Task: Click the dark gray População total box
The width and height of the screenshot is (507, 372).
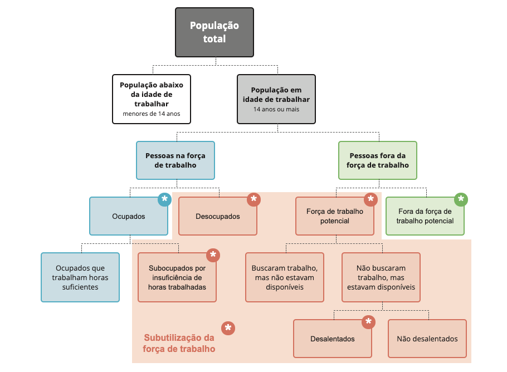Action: point(214,32)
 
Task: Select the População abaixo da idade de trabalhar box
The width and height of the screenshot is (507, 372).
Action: point(152,99)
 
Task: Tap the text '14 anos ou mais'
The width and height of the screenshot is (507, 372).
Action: point(276,109)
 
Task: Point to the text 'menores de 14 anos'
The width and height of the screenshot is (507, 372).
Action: point(152,114)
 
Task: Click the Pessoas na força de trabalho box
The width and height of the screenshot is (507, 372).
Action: point(175,160)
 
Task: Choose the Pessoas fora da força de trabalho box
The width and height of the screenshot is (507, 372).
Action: point(378,160)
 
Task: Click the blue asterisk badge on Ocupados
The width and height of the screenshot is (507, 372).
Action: point(164,199)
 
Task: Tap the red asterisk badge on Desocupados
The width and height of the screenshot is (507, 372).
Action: point(254,199)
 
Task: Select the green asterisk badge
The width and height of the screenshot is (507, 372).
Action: point(461,199)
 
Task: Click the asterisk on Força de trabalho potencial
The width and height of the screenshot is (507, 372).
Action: point(371,199)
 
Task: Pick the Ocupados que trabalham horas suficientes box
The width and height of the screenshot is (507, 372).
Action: point(80,277)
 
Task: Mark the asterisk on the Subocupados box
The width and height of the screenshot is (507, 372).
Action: point(213,255)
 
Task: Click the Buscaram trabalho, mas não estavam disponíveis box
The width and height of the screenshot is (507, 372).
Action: point(285,277)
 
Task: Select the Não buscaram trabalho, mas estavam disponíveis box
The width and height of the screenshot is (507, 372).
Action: point(381,277)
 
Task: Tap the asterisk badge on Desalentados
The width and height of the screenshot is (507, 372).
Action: point(369,322)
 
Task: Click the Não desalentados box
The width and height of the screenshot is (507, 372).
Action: point(427,339)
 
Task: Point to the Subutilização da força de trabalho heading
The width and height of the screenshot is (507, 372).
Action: point(179,343)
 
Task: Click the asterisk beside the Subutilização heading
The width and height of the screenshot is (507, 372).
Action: point(228,329)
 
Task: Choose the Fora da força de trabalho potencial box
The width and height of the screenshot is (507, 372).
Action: point(425,216)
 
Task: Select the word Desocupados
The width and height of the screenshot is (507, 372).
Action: point(218,216)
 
